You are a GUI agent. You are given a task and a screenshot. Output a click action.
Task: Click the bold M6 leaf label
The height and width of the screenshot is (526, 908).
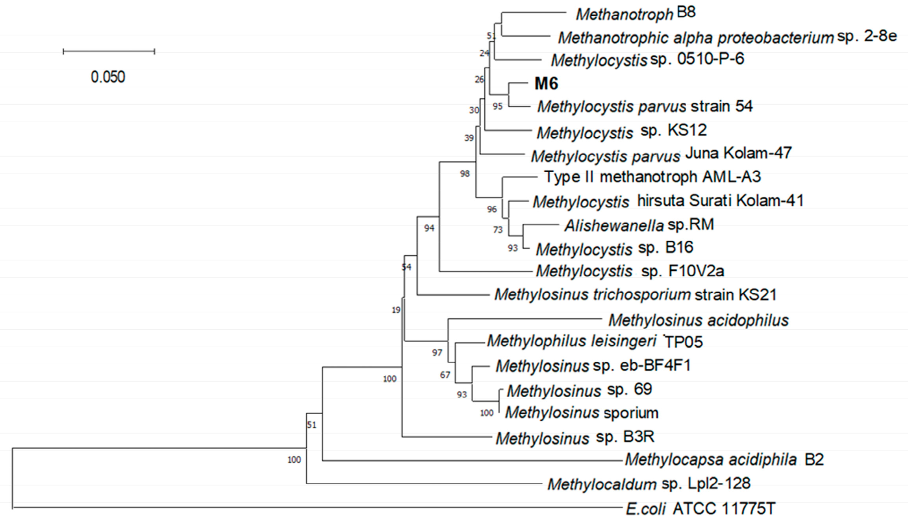coord(546,83)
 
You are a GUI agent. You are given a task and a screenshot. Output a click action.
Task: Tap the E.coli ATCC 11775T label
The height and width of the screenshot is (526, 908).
coord(700,509)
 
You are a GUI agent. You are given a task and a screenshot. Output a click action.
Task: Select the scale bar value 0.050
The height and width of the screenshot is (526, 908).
coord(108,77)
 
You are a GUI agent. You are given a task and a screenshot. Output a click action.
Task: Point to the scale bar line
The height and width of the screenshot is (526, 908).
coord(109,51)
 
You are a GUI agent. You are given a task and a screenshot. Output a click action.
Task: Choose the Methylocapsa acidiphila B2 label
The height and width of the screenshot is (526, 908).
coord(724,460)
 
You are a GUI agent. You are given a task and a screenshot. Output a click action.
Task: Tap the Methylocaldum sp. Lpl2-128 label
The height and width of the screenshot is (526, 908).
coord(649,484)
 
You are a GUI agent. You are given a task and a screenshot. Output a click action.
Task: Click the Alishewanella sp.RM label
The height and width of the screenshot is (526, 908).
coord(639,225)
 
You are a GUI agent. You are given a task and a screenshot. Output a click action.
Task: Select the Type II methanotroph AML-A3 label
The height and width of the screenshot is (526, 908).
coord(652,177)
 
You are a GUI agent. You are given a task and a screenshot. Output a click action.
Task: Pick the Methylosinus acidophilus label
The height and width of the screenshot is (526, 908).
coord(699,320)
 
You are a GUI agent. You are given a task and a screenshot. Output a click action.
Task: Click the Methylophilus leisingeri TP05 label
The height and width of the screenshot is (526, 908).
coord(595,341)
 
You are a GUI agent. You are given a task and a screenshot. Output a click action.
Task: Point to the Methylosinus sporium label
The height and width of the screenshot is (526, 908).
coord(582,413)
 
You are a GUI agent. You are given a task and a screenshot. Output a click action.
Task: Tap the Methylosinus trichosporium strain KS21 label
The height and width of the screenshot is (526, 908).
coord(635,295)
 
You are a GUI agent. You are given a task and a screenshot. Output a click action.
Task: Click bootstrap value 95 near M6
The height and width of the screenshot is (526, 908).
coord(498,106)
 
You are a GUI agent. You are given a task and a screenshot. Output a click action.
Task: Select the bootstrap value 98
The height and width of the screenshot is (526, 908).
coord(465,173)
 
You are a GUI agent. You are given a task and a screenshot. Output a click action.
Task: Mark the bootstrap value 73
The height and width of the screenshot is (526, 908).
coord(498,230)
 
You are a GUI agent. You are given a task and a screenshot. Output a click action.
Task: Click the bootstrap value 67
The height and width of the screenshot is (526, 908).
coord(445,375)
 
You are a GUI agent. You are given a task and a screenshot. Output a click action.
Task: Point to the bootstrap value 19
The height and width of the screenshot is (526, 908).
coord(396,310)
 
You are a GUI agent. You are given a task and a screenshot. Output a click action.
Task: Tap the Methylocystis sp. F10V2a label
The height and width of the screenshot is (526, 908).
coord(630,271)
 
